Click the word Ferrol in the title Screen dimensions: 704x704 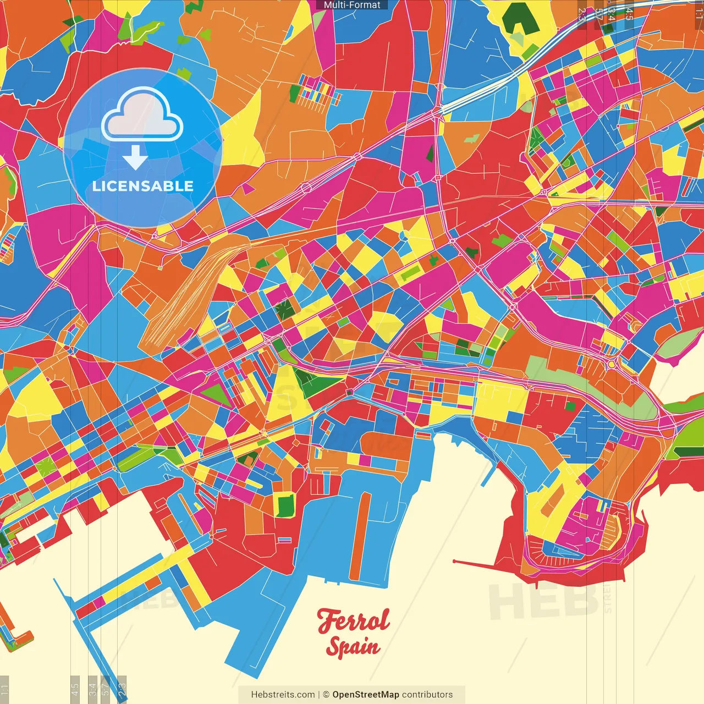tap(353, 620)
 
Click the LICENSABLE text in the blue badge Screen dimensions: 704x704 tap(143, 186)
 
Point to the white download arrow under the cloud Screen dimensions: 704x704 tap(135, 157)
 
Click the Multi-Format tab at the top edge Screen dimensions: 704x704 tap(352, 5)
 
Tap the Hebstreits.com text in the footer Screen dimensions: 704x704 tap(283, 695)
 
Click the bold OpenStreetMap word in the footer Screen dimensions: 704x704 tap(366, 695)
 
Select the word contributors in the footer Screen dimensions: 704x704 tap(427, 695)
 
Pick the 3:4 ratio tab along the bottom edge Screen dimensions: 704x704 tap(92, 689)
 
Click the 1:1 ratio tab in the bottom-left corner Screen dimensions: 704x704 tap(4, 689)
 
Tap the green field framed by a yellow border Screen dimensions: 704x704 tap(285, 505)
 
